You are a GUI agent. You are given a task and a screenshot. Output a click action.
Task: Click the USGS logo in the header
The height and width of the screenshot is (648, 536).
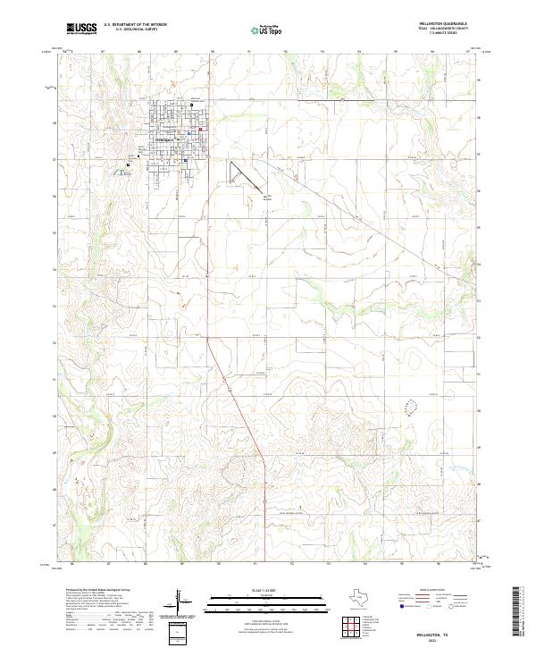click(x=81, y=29)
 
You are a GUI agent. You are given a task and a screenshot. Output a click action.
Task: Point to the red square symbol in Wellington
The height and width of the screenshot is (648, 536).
click(x=200, y=130)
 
